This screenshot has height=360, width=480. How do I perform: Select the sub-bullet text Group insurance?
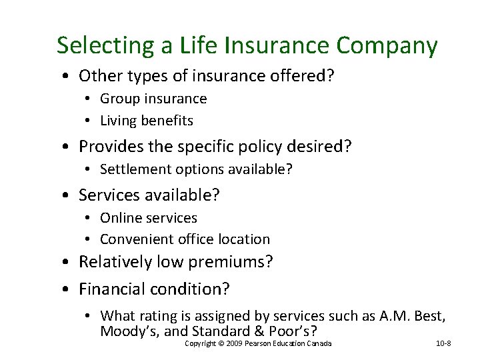pyautogui.click(x=153, y=99)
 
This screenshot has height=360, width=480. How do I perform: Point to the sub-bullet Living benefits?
pyautogui.click(x=147, y=121)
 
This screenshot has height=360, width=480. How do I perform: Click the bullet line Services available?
pyautogui.click(x=149, y=195)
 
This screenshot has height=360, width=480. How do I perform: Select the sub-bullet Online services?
pyautogui.click(x=149, y=218)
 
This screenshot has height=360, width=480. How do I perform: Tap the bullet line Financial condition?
pyautogui.click(x=154, y=289)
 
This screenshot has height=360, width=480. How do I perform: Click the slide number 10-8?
pyautogui.click(x=443, y=343)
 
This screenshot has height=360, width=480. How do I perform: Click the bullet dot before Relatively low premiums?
pyautogui.click(x=69, y=263)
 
